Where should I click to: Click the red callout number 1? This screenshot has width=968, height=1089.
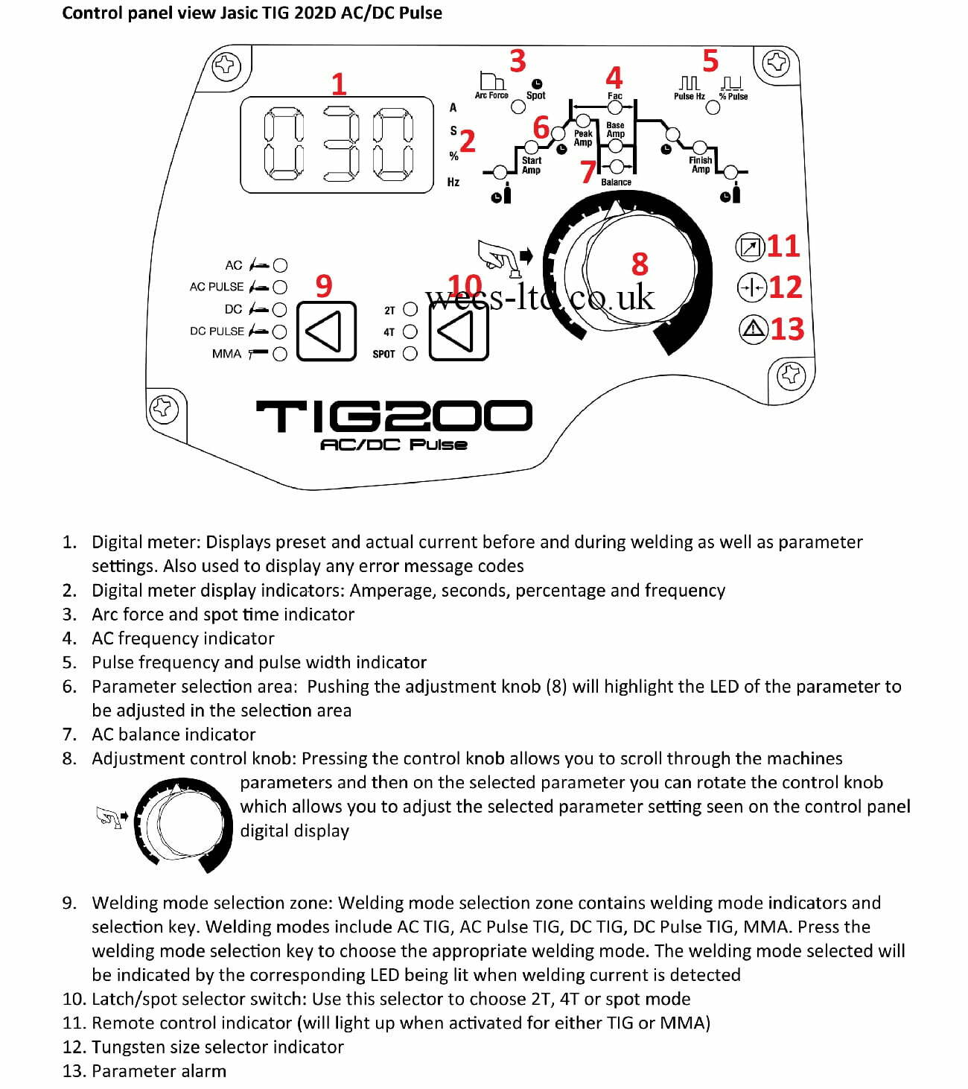coord(339,85)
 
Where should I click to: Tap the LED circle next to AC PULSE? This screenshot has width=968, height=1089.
coord(280,287)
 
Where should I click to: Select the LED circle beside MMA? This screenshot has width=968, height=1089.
coord(280,355)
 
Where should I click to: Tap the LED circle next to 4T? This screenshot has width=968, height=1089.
coord(410,332)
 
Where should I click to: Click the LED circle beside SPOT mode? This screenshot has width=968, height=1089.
coord(410,354)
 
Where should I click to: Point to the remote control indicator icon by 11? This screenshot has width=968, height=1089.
coord(751,247)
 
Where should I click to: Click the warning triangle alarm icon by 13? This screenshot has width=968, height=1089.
coord(754,328)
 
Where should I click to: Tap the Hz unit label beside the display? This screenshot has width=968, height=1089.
coord(453,182)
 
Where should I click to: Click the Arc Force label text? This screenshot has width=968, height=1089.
coord(491,95)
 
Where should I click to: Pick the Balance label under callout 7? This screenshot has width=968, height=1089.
coord(616,182)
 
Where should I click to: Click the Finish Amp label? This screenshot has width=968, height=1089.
coord(700,165)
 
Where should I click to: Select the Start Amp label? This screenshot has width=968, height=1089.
coord(531,165)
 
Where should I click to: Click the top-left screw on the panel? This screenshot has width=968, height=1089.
coord(224,66)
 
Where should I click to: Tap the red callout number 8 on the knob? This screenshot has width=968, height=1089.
coord(640,264)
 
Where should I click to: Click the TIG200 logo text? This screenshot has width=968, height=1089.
coord(394,416)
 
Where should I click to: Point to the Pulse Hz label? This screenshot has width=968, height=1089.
coord(689,96)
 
